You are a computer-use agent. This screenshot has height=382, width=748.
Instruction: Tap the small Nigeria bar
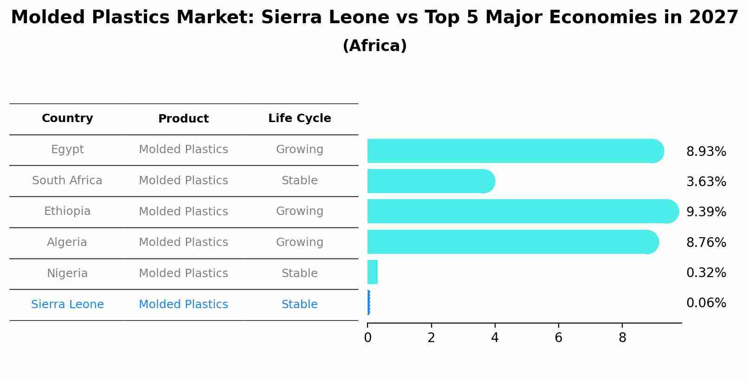point(373,272)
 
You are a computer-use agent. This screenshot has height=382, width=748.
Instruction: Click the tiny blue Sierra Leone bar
point(368,303)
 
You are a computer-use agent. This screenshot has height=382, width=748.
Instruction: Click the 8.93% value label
point(706,152)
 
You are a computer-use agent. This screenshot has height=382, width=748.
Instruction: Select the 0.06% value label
point(706,303)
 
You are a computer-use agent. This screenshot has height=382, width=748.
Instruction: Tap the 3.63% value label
point(706,182)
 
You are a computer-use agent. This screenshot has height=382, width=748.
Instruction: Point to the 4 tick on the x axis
point(495,338)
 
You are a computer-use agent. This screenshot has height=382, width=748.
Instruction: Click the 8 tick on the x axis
point(622,338)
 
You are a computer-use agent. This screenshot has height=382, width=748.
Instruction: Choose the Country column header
point(67,118)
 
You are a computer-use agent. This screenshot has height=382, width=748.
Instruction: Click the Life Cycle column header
point(299,118)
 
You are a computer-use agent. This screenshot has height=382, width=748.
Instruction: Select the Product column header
point(183,119)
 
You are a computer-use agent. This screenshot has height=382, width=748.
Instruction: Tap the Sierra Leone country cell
point(67,304)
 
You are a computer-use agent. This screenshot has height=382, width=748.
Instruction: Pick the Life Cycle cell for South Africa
point(299,181)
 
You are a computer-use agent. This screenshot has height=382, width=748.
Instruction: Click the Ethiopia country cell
point(67,211)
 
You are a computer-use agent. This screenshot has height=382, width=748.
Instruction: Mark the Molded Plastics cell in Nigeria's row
point(183,273)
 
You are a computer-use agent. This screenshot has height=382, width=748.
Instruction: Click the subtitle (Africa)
point(374,46)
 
